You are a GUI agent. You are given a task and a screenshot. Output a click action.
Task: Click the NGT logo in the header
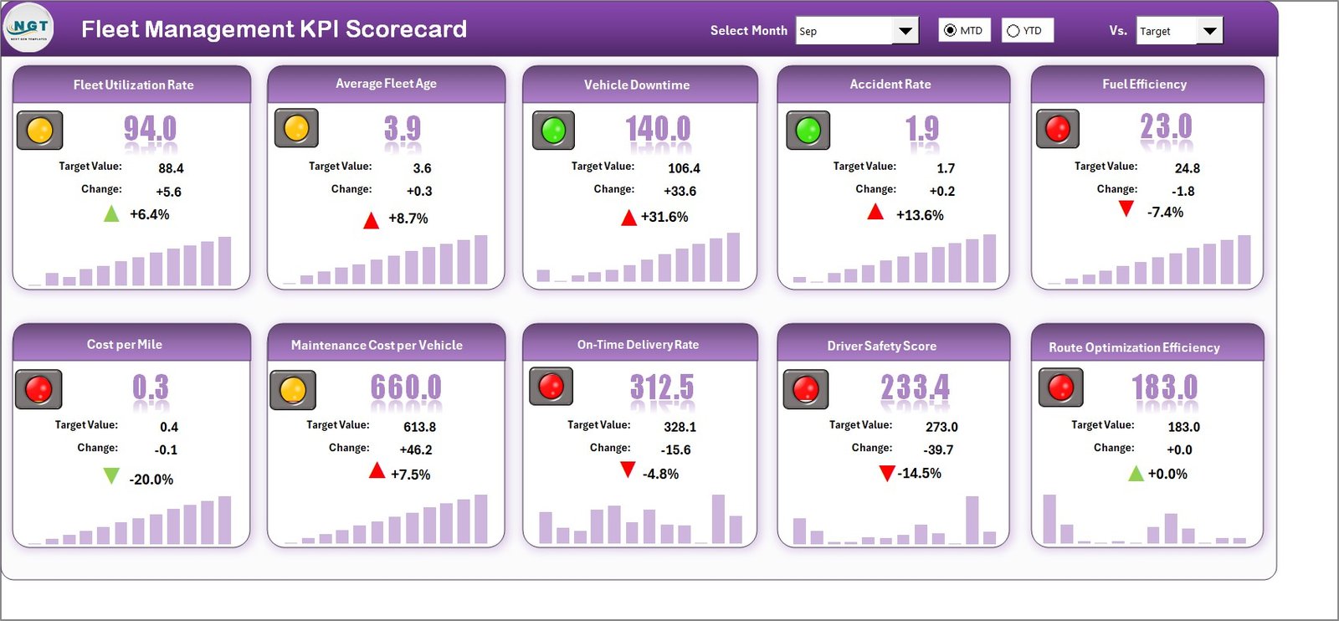tap(28, 28)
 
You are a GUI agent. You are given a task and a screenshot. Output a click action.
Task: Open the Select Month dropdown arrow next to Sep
tap(905, 31)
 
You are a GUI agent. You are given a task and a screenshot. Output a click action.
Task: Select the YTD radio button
tap(1013, 31)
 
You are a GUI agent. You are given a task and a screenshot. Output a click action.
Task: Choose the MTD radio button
tap(950, 31)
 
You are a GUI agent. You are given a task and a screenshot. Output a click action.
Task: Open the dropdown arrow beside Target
tap(1209, 31)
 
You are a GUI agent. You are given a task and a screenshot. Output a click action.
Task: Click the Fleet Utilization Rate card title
tap(133, 85)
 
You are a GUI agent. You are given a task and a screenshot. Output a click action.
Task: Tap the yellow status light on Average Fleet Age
tap(296, 129)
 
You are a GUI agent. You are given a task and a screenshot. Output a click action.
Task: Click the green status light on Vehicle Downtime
tap(553, 131)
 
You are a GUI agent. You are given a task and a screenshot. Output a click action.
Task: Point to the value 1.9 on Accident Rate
tap(921, 129)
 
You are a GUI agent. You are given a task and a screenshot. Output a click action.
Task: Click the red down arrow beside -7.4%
tap(1126, 208)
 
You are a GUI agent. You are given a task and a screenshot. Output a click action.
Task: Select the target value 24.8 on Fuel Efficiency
tap(1187, 168)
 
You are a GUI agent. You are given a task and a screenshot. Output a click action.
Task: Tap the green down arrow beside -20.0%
tap(110, 476)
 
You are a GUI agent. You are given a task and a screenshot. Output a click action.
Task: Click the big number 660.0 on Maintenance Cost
tap(405, 387)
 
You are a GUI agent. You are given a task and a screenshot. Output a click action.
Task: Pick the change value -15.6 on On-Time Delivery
tap(675, 450)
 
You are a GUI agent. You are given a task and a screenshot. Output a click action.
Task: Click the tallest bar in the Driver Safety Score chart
tap(972, 520)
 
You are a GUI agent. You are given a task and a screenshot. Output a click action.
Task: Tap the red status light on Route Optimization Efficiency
tap(1060, 387)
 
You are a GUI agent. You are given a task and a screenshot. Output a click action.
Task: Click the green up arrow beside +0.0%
tap(1136, 475)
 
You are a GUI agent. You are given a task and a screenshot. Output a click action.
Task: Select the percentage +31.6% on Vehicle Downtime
tap(664, 217)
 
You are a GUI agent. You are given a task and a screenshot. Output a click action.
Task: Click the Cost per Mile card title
tap(125, 345)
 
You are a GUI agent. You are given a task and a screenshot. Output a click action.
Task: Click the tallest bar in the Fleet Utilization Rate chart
tap(224, 260)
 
